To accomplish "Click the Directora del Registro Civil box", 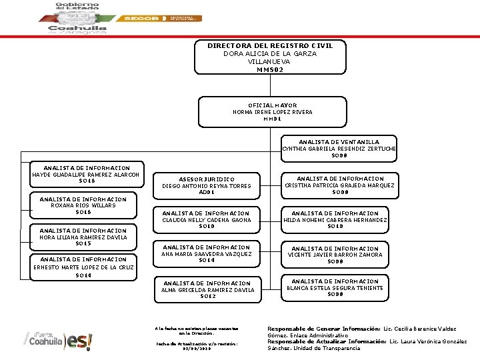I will pyautogui.click(x=270, y=57).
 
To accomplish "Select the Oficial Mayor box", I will pyautogui.click(x=272, y=112).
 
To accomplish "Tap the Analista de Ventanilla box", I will pyautogui.click(x=339, y=148).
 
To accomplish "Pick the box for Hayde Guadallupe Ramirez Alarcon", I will pyautogui.click(x=86, y=175).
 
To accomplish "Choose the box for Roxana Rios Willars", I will pyautogui.click(x=83, y=205).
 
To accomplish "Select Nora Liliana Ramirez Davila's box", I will pyautogui.click(x=83, y=237).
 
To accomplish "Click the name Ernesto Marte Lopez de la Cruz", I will pyautogui.click(x=83, y=267).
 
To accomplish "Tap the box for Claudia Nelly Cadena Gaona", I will pyautogui.click(x=206, y=220).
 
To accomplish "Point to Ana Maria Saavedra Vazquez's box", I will pyautogui.click(x=206, y=254).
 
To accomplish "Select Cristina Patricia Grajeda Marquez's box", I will pyautogui.click(x=339, y=185).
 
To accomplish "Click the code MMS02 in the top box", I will pyautogui.click(x=270, y=69).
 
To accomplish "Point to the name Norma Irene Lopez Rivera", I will pyautogui.click(x=272, y=112).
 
